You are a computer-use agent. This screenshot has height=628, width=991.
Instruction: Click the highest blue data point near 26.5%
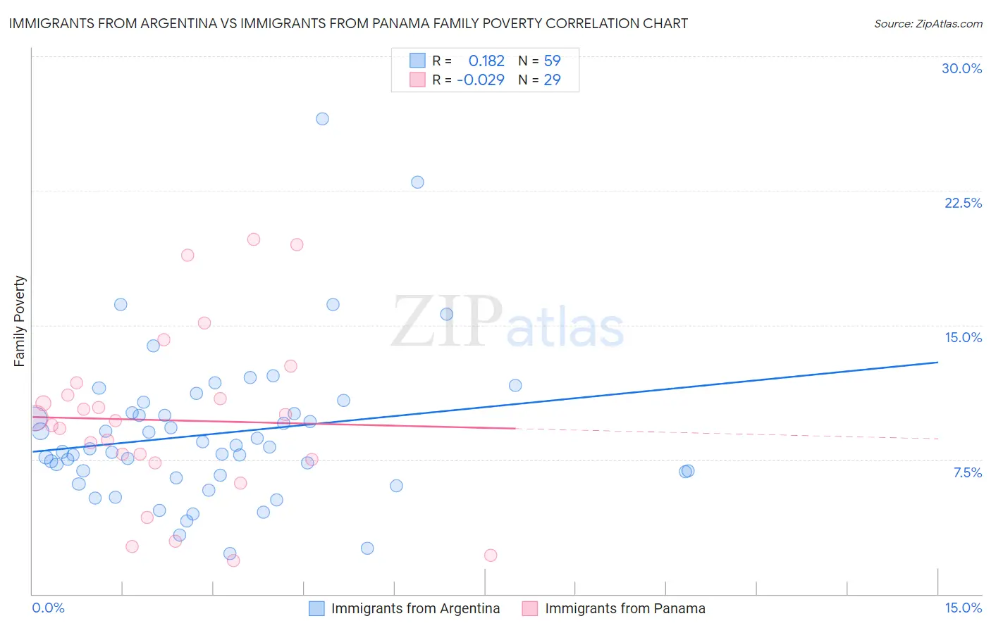[x=322, y=119]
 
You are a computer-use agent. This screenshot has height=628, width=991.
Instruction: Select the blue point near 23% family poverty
[x=417, y=182]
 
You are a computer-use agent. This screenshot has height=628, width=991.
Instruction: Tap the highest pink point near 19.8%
[x=254, y=239]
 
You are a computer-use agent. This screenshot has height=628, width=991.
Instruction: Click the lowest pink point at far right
[x=491, y=555]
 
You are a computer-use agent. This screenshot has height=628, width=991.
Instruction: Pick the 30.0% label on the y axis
[x=961, y=68]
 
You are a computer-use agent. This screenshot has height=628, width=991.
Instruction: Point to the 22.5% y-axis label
[x=963, y=203]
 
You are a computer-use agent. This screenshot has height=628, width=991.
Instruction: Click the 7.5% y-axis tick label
[x=967, y=472]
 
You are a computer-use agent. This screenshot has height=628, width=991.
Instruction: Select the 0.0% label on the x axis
[x=48, y=608]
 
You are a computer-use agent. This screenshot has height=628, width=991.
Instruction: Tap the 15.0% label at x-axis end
[x=963, y=608]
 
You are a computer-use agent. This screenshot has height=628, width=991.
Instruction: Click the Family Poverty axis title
[x=20, y=321]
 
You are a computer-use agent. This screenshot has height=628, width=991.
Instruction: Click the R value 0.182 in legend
[x=486, y=61]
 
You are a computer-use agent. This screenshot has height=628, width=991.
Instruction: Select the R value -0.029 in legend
[x=481, y=80]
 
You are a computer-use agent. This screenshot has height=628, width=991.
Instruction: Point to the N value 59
[x=552, y=61]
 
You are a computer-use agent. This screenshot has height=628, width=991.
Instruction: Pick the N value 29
[x=552, y=80]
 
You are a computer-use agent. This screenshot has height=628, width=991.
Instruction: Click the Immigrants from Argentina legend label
[x=415, y=609]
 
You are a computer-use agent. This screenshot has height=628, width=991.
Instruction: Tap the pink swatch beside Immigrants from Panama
[x=530, y=609]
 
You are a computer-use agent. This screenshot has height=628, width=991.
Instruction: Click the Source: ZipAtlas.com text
[x=928, y=24]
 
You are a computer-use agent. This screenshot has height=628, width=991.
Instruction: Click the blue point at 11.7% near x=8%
[x=515, y=385]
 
